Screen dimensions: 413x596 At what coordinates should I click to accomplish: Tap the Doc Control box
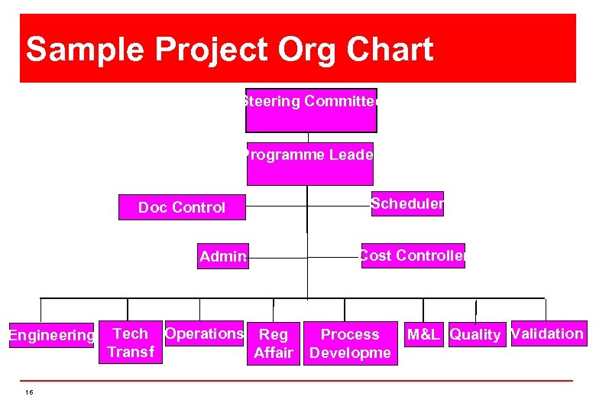pyautogui.click(x=182, y=207)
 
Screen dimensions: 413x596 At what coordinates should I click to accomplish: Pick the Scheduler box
pyautogui.click(x=407, y=204)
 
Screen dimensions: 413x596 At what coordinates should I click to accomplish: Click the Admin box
pyautogui.click(x=222, y=256)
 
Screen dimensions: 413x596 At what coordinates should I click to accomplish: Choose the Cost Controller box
pyautogui.click(x=413, y=255)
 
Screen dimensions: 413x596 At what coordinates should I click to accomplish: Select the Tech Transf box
pyautogui.click(x=131, y=343)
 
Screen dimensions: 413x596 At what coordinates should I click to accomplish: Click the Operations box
pyautogui.click(x=204, y=333)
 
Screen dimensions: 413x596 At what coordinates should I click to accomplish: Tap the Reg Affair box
pyautogui.click(x=274, y=343)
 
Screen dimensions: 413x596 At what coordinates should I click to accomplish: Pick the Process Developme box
pyautogui.click(x=350, y=343)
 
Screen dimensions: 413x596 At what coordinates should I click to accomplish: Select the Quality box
pyautogui.click(x=475, y=334)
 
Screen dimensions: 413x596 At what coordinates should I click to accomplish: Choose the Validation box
pyautogui.click(x=548, y=333)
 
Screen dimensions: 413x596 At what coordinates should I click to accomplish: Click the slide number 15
pyautogui.click(x=29, y=392)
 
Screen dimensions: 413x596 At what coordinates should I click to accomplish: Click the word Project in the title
pyautogui.click(x=212, y=50)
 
